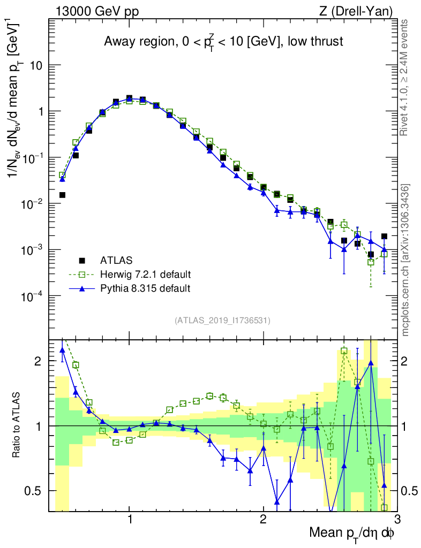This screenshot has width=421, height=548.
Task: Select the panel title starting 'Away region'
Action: pos(223,42)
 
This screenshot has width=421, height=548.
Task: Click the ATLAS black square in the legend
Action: pos(82,261)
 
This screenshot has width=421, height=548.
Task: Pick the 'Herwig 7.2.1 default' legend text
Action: pos(146,275)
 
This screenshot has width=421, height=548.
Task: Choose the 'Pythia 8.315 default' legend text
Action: pos(145,288)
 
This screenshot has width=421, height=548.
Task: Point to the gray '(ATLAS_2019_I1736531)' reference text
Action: pos(222,321)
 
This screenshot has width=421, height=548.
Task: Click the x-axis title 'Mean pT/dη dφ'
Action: pos(352,533)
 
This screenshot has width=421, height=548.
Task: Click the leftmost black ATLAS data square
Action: pos(62,195)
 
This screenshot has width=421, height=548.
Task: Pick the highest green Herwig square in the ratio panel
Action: pos(343,351)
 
